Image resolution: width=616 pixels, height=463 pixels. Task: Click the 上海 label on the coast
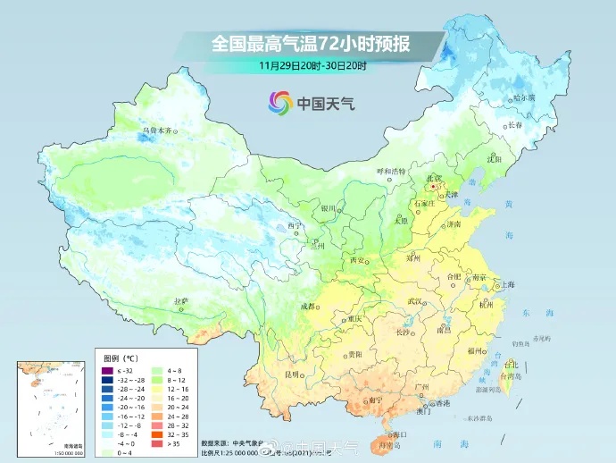click(x=510, y=285)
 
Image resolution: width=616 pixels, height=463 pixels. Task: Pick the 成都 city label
click(x=308, y=307)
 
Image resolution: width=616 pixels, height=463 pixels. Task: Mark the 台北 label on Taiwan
click(x=511, y=366)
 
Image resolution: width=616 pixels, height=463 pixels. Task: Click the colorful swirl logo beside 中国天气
click(x=279, y=104)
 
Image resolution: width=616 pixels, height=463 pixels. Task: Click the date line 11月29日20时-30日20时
click(x=308, y=65)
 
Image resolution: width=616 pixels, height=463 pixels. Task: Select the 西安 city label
click(x=357, y=260)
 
